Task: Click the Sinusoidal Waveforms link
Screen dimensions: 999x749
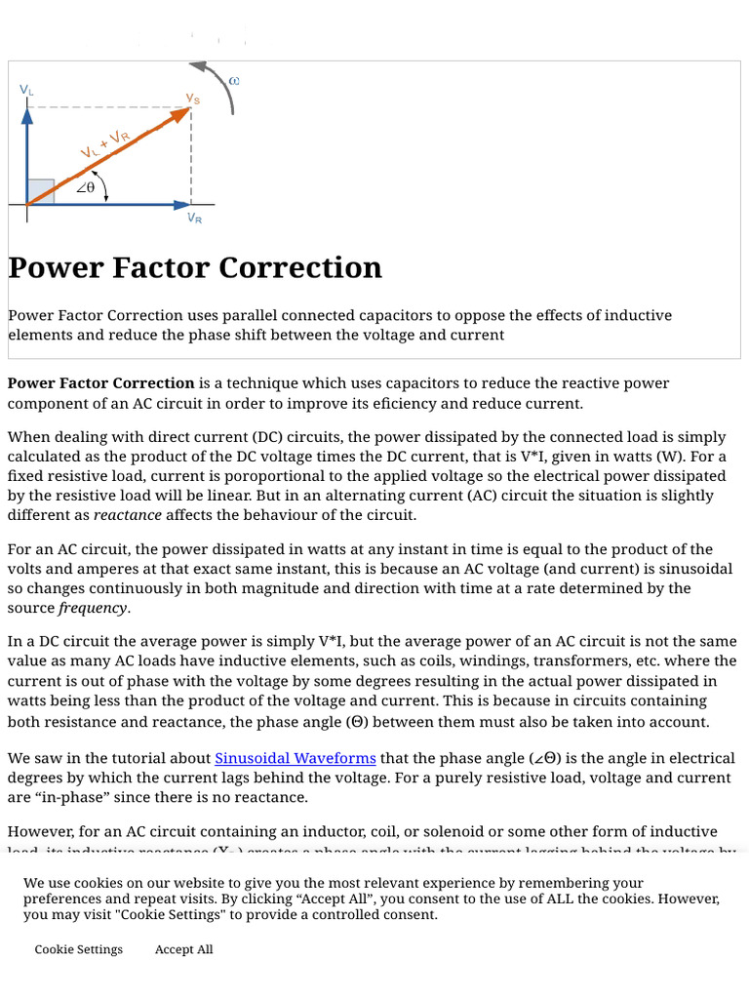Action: pos(295,758)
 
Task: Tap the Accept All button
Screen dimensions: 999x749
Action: pos(183,949)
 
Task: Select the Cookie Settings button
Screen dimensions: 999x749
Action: pos(79,949)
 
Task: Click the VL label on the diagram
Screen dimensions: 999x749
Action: pos(26,90)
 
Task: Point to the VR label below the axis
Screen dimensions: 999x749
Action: pos(195,219)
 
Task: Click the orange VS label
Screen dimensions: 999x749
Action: pos(193,99)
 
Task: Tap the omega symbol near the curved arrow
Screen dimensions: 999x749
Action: pos(234,80)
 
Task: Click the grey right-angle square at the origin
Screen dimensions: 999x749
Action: pos(41,191)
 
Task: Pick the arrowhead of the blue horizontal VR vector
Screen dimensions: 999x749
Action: pos(182,205)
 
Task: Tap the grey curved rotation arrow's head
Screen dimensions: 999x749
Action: pos(198,67)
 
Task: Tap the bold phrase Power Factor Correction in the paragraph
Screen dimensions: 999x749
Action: pos(101,383)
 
